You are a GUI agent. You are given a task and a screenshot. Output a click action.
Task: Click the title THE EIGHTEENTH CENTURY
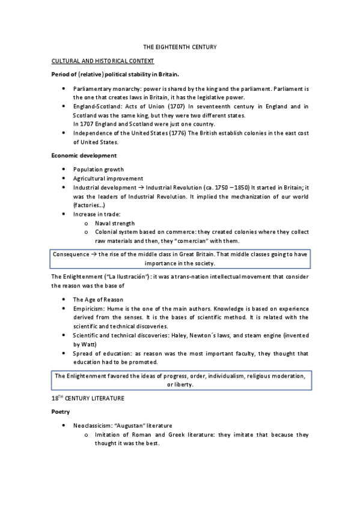pos(179,46)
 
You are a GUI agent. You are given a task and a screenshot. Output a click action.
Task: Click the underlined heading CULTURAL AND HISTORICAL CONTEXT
pos(103,61)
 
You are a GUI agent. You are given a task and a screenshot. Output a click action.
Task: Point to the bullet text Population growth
pos(99,170)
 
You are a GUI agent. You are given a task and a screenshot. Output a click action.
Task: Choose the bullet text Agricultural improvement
pos(108,179)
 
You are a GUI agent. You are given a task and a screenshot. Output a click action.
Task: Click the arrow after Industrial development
pos(141,188)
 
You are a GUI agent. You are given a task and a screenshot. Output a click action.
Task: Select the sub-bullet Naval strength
pos(115,223)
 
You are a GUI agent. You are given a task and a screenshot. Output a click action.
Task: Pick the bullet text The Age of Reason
pos(98,299)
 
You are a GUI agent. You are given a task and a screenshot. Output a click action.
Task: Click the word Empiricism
pos(90,308)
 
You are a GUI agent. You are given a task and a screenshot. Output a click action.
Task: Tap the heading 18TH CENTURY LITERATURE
pos(90,399)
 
